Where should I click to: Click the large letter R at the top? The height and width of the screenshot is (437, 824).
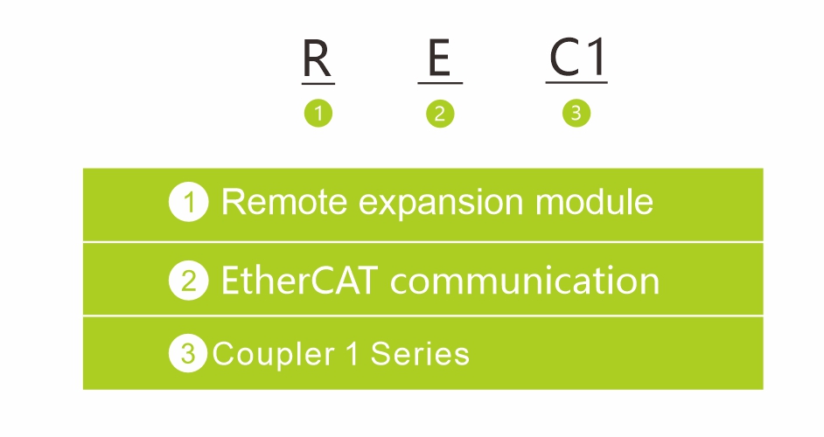[x=318, y=59]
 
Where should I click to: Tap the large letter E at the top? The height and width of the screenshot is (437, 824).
[x=439, y=58]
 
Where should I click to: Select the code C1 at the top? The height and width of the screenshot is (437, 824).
[x=577, y=58]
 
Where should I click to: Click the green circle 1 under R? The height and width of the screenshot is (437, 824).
[x=318, y=113]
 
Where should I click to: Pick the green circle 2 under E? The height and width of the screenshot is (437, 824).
[x=440, y=114]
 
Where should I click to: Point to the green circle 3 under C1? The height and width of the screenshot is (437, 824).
[x=576, y=113]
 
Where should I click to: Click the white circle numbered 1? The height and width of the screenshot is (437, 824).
[x=189, y=202]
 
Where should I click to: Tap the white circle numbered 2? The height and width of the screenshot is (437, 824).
[x=189, y=281]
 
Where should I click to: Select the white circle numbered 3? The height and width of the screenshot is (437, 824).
[x=187, y=353]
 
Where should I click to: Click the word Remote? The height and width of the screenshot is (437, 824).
[x=284, y=202]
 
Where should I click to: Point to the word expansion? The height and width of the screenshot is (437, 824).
[x=441, y=204]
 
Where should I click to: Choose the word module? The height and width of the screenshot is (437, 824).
[x=594, y=201]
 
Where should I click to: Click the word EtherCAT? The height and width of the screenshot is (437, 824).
[x=299, y=280]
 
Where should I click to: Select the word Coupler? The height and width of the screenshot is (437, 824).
[x=273, y=355]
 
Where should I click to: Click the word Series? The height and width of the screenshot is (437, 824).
[x=420, y=353]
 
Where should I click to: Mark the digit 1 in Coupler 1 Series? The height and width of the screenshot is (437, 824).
[x=353, y=353]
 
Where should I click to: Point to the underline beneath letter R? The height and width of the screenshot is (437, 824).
[x=318, y=84]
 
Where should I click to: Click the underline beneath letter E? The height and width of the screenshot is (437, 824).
[x=440, y=83]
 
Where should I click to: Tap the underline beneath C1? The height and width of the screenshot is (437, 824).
[x=576, y=82]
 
